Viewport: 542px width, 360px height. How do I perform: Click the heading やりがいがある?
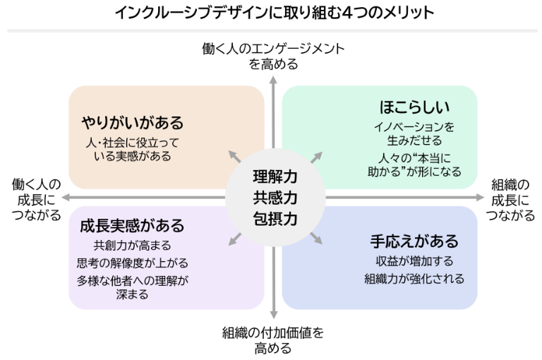(x=132, y=123)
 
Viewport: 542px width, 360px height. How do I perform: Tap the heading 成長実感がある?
(x=132, y=226)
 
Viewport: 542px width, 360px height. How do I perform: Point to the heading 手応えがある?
(x=415, y=241)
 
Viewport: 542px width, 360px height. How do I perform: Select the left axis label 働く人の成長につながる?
(x=37, y=200)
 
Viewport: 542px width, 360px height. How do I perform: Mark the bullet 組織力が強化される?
(x=415, y=279)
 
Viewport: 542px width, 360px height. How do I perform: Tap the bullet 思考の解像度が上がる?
(x=132, y=263)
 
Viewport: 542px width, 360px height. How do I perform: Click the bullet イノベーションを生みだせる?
(x=415, y=133)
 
